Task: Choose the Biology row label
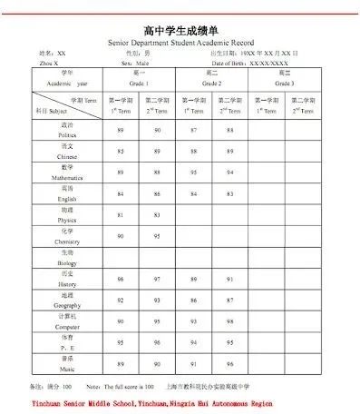pos(67,257)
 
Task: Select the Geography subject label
pos(67,300)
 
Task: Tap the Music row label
pos(67,364)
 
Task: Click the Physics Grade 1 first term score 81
pos(121,214)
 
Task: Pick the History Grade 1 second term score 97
pos(156,279)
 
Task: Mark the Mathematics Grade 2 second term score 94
pos(229,172)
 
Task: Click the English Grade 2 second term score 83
pos(229,193)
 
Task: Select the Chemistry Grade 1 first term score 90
pos(121,236)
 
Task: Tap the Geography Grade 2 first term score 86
pos(193,300)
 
